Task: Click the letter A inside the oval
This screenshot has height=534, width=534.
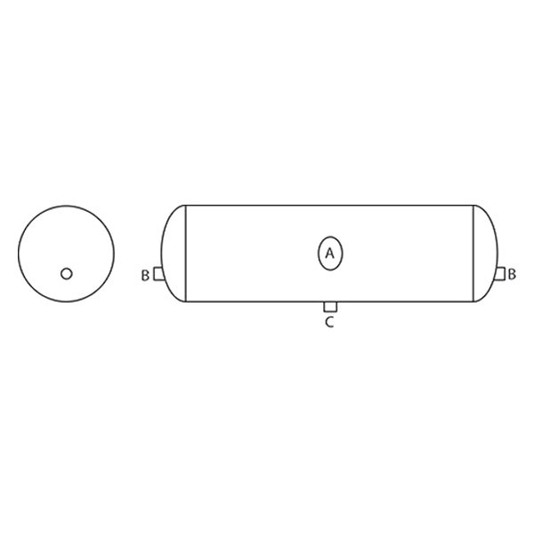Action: click(x=329, y=254)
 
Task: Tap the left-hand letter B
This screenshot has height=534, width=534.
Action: click(x=144, y=275)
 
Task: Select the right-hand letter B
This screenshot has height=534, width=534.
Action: click(x=512, y=275)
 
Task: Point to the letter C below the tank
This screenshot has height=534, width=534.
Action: click(x=328, y=322)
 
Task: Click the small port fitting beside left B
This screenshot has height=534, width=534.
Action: click(x=158, y=274)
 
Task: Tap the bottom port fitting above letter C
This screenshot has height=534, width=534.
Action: click(x=328, y=308)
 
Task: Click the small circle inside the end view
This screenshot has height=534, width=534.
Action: click(x=66, y=273)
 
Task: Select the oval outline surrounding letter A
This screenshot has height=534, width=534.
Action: click(x=318, y=254)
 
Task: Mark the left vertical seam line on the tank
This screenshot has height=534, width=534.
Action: click(x=184, y=254)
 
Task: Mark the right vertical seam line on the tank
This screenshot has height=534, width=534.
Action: click(x=473, y=254)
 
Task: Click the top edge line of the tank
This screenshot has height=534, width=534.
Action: click(x=329, y=205)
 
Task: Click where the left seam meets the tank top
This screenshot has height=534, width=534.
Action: click(x=184, y=205)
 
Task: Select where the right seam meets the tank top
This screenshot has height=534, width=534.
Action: click(x=473, y=205)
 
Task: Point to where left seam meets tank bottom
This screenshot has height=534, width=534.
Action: click(x=184, y=303)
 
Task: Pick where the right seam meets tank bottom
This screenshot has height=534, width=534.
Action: click(x=473, y=303)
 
